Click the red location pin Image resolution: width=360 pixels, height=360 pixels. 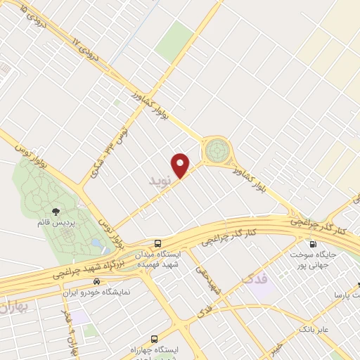click(x=181, y=165)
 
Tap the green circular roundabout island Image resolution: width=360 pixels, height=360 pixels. click(x=217, y=150)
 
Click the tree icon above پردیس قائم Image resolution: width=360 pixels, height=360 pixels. click(x=56, y=210)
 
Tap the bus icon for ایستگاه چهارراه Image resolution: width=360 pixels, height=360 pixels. click(x=155, y=337)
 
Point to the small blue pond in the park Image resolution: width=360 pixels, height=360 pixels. click(x=95, y=243)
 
